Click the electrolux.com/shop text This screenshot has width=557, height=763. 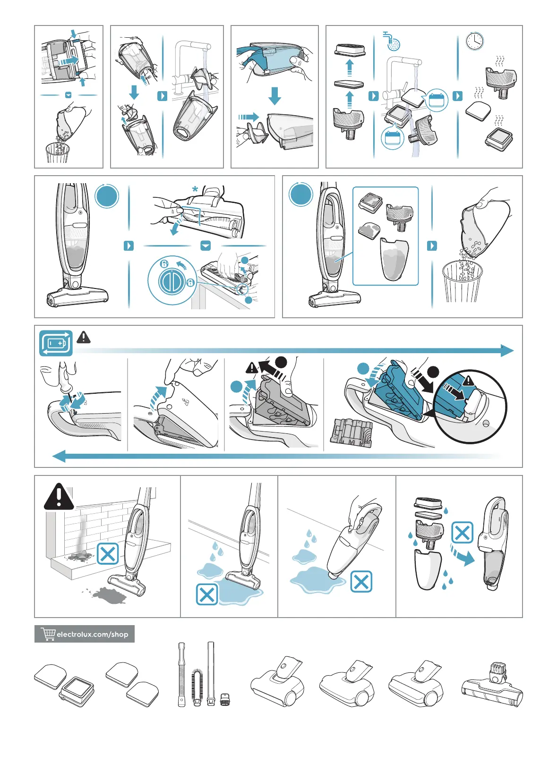click(x=93, y=634)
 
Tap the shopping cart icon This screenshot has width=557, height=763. click(x=48, y=634)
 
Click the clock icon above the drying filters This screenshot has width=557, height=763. click(x=474, y=42)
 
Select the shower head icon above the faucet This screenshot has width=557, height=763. click(x=392, y=41)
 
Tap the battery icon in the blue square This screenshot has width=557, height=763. click(x=56, y=343)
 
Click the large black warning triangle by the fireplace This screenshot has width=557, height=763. click(x=59, y=496)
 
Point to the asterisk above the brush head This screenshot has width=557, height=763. click(x=195, y=189)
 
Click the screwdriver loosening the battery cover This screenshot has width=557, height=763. click(x=65, y=378)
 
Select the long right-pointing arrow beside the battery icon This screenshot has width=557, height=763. click(x=295, y=350)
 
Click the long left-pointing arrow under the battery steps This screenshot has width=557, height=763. click(x=276, y=456)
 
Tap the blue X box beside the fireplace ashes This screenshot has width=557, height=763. click(x=108, y=553)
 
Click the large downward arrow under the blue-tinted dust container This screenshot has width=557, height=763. click(x=274, y=96)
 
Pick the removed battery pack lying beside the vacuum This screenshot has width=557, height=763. click(x=351, y=433)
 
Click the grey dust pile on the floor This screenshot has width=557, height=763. click(x=109, y=594)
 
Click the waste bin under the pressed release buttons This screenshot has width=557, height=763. click(x=57, y=153)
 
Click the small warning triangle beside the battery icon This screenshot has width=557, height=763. click(x=84, y=337)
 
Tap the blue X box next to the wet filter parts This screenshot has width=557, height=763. click(x=462, y=533)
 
